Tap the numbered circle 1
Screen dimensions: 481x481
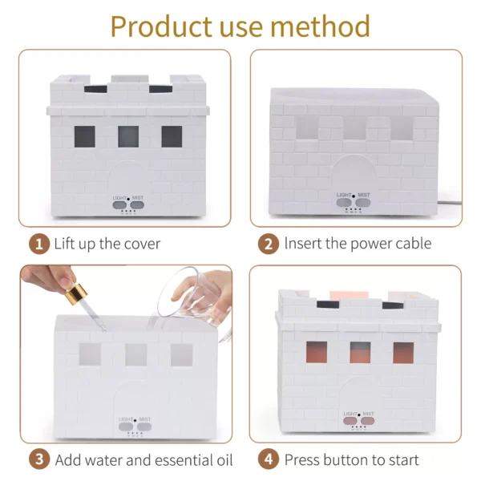[39, 245]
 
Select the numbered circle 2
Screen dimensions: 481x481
[269, 245]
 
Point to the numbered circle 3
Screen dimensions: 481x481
[39, 459]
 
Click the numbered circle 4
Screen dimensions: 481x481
[269, 459]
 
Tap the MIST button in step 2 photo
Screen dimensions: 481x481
[363, 203]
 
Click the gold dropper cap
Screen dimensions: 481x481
[76, 294]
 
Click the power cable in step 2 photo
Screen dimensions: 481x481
[449, 203]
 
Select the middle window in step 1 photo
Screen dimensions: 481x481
[128, 136]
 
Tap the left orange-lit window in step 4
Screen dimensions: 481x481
[317, 352]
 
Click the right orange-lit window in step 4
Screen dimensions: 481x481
[403, 353]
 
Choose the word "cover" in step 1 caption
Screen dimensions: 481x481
[142, 245]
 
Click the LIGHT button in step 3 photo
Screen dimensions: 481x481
[126, 426]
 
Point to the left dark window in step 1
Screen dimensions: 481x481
[85, 136]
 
